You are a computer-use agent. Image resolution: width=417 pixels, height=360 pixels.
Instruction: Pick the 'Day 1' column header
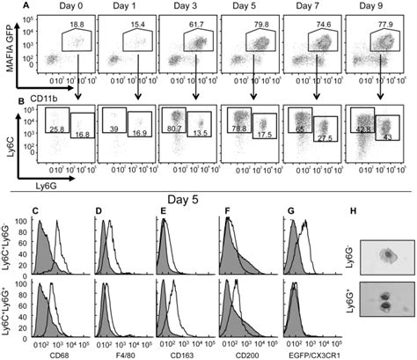tap(128, 6)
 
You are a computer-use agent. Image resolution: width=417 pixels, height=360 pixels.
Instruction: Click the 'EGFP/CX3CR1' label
tap(311, 355)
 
